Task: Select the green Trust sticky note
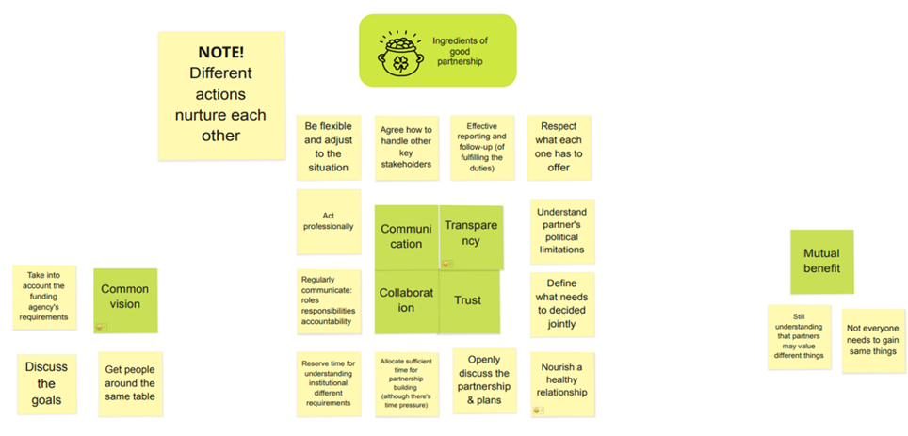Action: point(468,301)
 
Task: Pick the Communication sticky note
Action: point(405,236)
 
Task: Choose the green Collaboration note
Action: point(406,301)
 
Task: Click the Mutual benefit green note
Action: point(821,262)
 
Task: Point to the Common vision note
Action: point(125,299)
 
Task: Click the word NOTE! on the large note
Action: point(221,53)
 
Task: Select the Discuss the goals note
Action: point(47,383)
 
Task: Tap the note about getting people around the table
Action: point(130,383)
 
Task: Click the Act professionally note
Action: point(329,221)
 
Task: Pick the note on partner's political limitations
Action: point(561,232)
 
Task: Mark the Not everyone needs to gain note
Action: point(873,341)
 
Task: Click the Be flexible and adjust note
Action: point(328,147)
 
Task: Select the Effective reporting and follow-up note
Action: point(482,147)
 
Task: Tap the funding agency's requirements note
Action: point(44,297)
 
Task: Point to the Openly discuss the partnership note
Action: point(484,380)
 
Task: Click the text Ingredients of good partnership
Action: point(459,52)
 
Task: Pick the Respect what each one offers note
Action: point(559,147)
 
